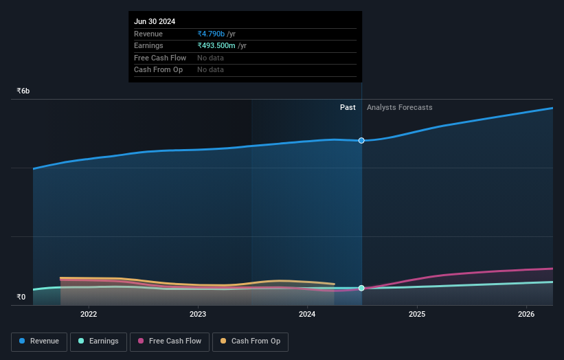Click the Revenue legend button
[x=39, y=341]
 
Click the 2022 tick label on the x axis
[x=89, y=315]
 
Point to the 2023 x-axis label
[x=198, y=315]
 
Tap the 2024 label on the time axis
[x=307, y=315]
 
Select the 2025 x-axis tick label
[x=417, y=315]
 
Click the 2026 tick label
[x=526, y=315]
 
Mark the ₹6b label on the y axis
[x=23, y=91]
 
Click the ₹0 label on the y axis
[x=21, y=297]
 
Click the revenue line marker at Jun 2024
[x=361, y=140]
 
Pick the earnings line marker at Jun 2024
[x=361, y=288]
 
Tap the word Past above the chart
[x=348, y=107]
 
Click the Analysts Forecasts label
[x=399, y=107]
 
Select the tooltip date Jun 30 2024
[x=155, y=21]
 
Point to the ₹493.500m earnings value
[x=216, y=45]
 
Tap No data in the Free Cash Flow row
[x=210, y=58]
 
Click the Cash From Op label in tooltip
[x=158, y=69]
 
